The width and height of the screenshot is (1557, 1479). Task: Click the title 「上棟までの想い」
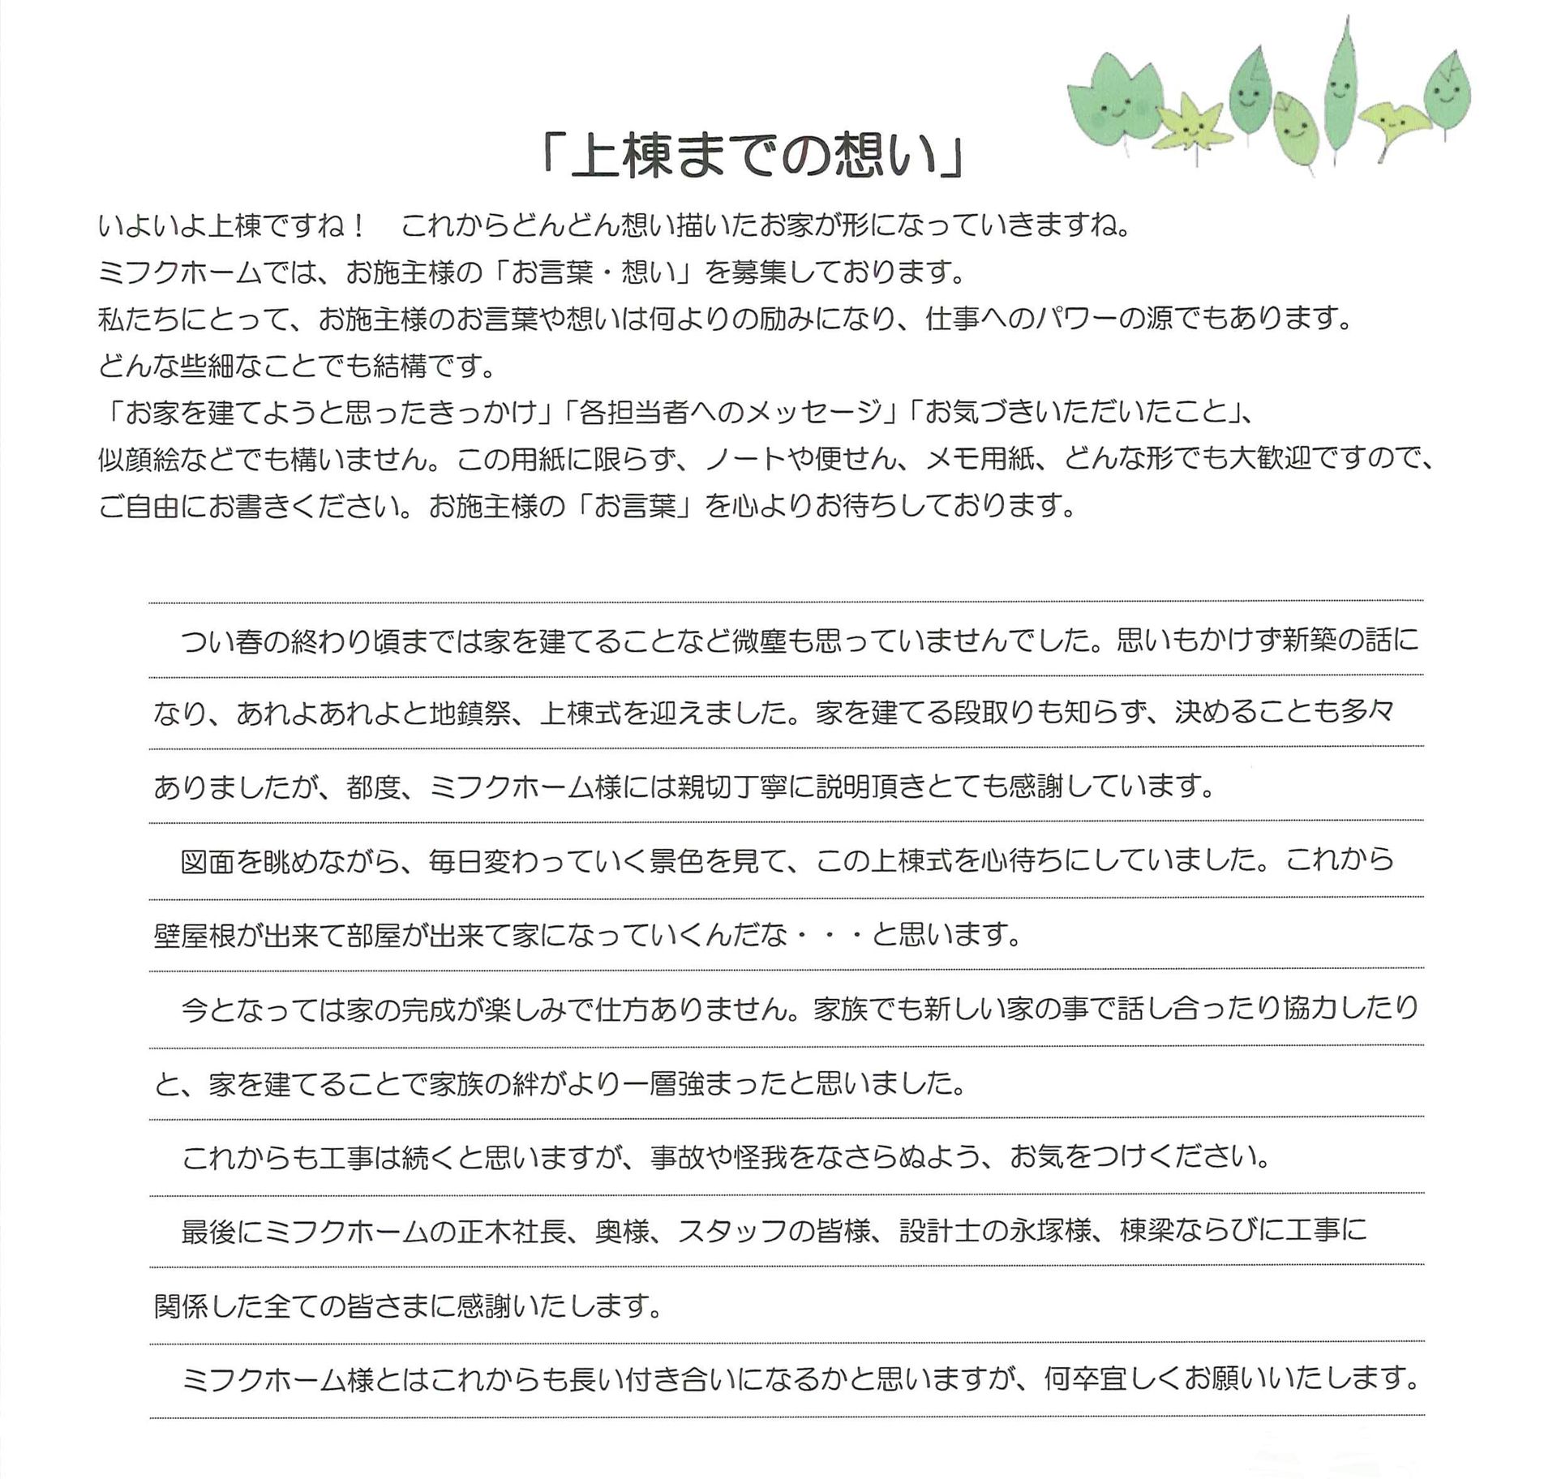click(753, 154)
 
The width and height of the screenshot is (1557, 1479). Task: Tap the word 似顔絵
click(139, 461)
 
